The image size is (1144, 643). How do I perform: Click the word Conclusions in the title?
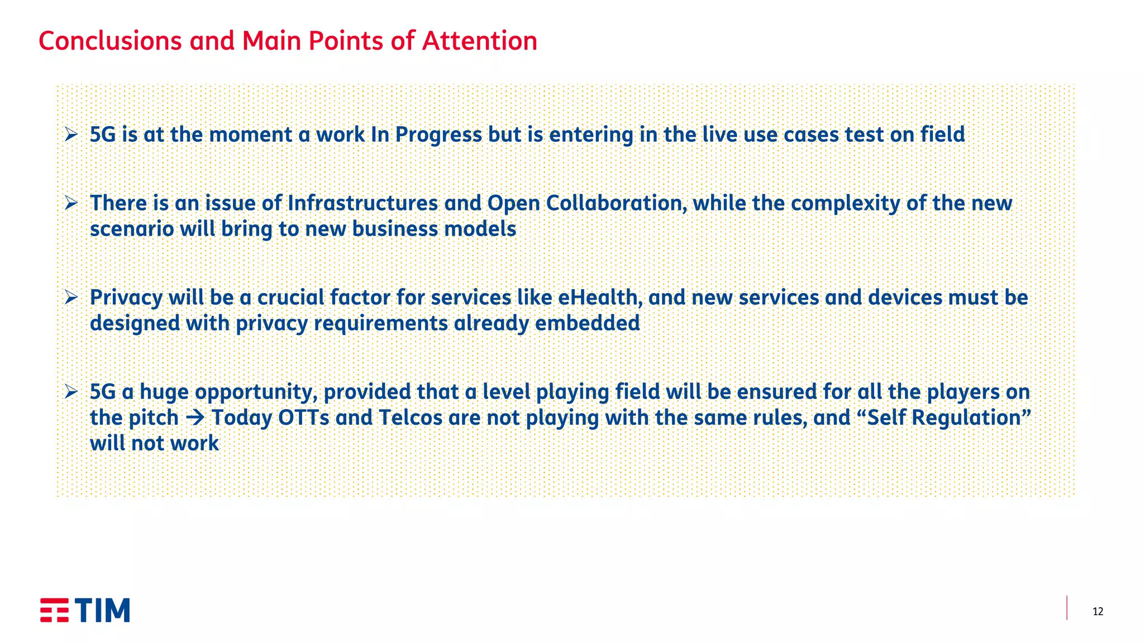pos(110,41)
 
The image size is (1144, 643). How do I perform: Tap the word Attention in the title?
pos(479,41)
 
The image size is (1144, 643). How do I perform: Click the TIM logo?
pos(85,610)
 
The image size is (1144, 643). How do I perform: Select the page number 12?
pos(1098,611)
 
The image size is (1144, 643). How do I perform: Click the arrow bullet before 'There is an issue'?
pos(71,203)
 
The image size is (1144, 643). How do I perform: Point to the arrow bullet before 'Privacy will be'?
pos(71,297)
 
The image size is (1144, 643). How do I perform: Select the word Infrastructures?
pos(363,203)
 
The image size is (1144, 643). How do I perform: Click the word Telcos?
pos(411,418)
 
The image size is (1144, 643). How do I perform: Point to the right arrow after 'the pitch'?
pos(195,418)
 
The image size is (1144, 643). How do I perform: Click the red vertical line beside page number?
pos(1067,608)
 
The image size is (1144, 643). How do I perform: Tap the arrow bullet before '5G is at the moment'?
pos(71,135)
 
